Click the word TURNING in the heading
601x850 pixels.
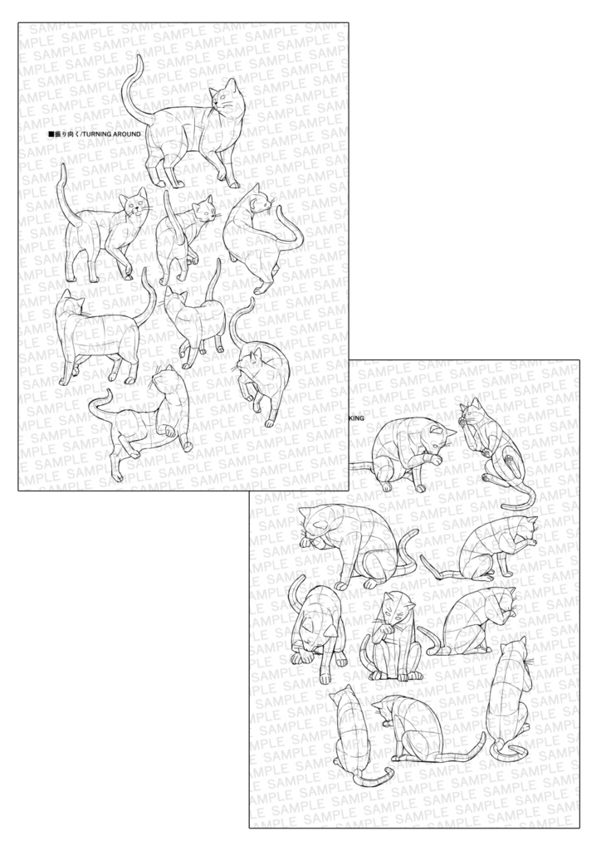[98, 133]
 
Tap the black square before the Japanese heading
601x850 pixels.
[51, 133]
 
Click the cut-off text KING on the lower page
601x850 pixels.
[354, 419]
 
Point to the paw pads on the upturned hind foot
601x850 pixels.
[509, 461]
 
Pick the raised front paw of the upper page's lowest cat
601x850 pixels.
[169, 431]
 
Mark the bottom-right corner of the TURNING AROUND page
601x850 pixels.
[348, 491]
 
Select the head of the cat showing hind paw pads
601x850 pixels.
[472, 413]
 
